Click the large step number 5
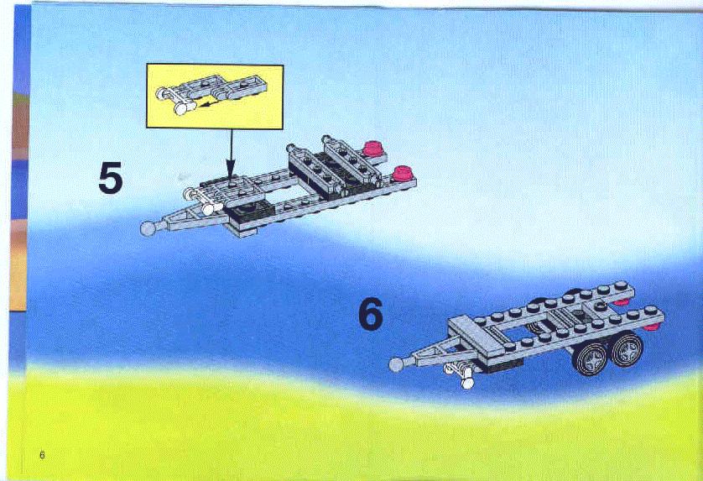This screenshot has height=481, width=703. point(110,178)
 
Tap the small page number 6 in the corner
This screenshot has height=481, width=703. point(42,454)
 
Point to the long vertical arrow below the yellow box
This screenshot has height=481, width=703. point(231,153)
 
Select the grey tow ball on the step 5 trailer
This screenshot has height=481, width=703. point(147,228)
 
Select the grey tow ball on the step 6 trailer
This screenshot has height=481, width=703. point(396,364)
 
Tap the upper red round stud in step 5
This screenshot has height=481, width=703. point(372,149)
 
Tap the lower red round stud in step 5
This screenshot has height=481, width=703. point(402,173)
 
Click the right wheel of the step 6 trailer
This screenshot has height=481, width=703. point(627,348)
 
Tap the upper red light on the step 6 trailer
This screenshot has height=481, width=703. point(621,302)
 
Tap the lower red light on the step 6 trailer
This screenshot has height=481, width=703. point(652,327)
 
